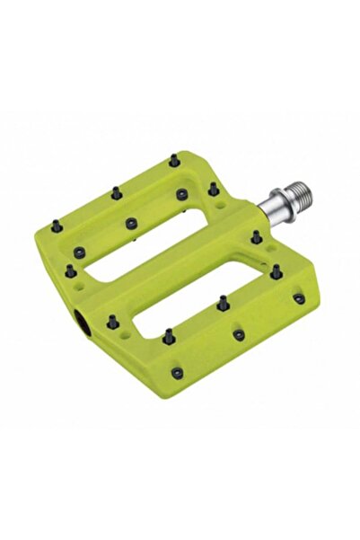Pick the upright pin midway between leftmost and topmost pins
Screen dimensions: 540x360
116,191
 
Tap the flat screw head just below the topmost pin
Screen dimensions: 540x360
182,193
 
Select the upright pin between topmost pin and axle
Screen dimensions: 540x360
213,189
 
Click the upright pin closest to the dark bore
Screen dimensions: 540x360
112,320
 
